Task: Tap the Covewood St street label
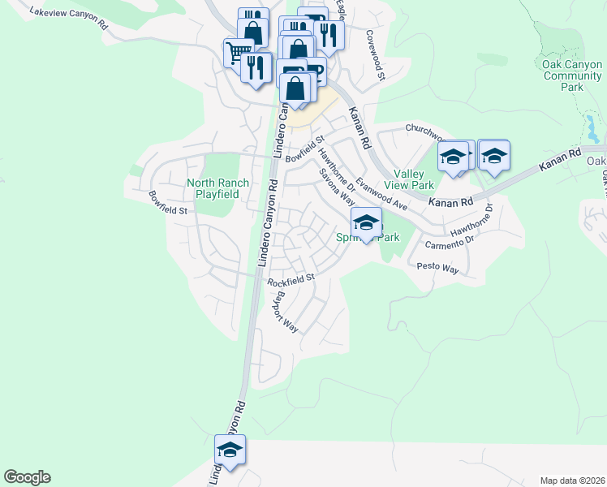pyautogui.click(x=374, y=55)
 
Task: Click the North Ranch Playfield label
pyautogui.click(x=213, y=188)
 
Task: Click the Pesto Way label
pyautogui.click(x=438, y=267)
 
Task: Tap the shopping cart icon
pyautogui.click(x=238, y=53)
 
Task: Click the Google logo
pyautogui.click(x=27, y=477)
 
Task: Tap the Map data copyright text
pyautogui.click(x=572, y=481)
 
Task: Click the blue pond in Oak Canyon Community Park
pyautogui.click(x=592, y=127)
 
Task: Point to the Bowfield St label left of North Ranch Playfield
pyautogui.click(x=168, y=203)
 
